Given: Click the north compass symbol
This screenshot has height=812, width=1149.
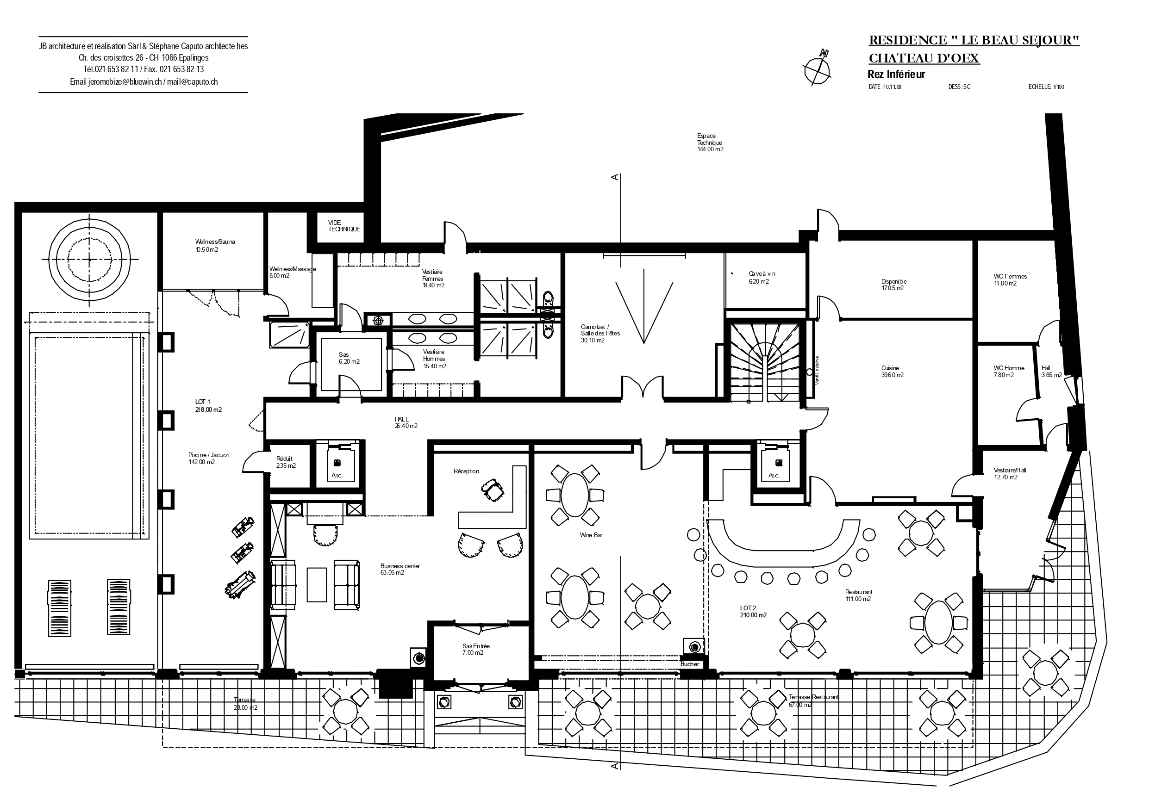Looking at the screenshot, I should (x=817, y=68).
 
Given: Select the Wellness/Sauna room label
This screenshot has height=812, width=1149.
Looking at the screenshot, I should (x=215, y=245).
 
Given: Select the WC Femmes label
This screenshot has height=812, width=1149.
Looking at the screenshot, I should (x=1010, y=279).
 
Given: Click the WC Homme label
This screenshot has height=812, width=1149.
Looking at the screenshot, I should (x=1008, y=371).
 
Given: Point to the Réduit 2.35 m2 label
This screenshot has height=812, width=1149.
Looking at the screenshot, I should (x=285, y=462).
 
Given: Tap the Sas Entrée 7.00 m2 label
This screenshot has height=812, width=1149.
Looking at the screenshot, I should (x=475, y=650).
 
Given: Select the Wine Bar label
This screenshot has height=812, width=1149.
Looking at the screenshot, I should (x=591, y=535).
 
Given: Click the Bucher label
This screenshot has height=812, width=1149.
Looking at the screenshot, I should (x=689, y=664).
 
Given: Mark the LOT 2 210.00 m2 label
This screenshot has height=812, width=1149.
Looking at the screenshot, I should (x=753, y=611).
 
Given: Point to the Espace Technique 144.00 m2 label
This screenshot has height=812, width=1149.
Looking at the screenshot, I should (x=710, y=143).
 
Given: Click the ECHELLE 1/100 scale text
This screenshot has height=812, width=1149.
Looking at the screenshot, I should (x=1046, y=87).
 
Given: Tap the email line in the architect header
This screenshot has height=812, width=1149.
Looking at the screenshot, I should (x=144, y=82).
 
